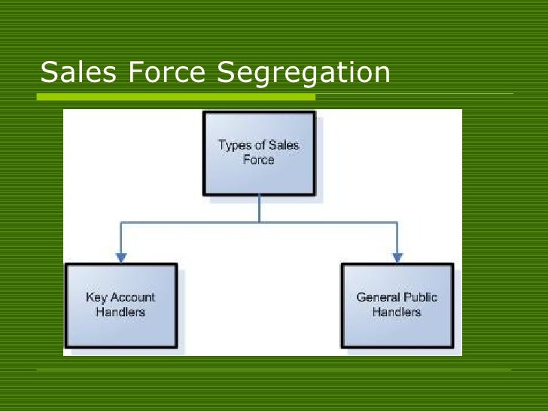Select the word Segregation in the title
pyautogui.click(x=303, y=73)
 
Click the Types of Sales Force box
pyautogui.click(x=258, y=154)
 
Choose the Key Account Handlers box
pyautogui.click(x=120, y=305)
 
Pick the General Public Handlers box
pyautogui.click(x=397, y=305)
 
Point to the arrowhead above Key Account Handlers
pyautogui.click(x=120, y=257)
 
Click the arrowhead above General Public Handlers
pyautogui.click(x=397, y=257)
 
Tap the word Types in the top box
pyautogui.click(x=234, y=145)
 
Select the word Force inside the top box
pyautogui.click(x=258, y=160)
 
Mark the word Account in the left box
pyautogui.click(x=132, y=297)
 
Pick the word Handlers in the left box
pyautogui.click(x=120, y=312)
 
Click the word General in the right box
pyautogui.click(x=378, y=297)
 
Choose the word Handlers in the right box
pyautogui.click(x=397, y=312)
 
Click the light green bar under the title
pyautogui.click(x=176, y=97)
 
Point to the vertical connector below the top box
pyautogui.click(x=259, y=209)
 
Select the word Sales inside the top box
pyautogui.click(x=283, y=145)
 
